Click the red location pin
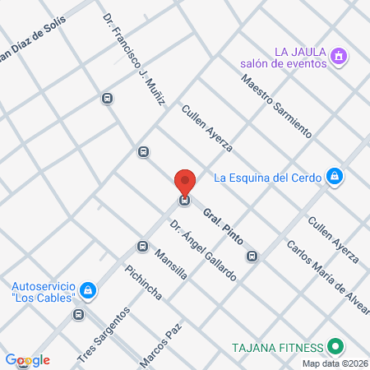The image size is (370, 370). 185,181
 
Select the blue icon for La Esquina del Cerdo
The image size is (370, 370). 334,176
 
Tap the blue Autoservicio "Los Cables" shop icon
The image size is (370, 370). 88,290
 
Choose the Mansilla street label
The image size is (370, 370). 170,265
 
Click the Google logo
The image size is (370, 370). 28,360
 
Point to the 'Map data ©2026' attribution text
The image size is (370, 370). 335,363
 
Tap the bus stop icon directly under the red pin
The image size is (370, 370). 185,200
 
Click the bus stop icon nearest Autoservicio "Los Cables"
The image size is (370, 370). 79,314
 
